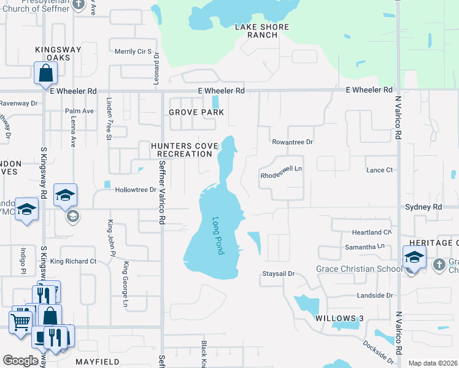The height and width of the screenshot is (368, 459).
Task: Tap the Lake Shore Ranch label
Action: (256, 31)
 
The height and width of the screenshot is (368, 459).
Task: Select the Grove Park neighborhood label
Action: (196, 113)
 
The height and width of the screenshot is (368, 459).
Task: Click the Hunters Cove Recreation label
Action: (182, 150)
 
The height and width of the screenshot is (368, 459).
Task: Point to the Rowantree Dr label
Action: (293, 142)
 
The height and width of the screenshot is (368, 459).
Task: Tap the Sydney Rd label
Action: (423, 208)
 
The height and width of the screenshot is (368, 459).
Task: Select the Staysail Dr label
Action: (279, 273)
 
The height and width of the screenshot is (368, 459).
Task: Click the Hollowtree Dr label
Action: (136, 190)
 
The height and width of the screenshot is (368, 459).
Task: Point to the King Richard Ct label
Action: (74, 261)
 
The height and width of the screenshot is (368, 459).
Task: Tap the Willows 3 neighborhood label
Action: (336, 318)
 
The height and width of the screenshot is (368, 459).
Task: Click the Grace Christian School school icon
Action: (414, 258)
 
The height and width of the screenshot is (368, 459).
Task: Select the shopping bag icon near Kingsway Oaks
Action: (46, 74)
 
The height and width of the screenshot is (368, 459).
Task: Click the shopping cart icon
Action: (21, 321)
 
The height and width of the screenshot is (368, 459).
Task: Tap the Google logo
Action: (20, 361)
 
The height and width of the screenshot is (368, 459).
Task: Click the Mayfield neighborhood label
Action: (96, 362)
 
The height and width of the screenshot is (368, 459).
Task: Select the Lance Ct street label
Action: (379, 171)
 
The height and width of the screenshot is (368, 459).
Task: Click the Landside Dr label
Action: (374, 296)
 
